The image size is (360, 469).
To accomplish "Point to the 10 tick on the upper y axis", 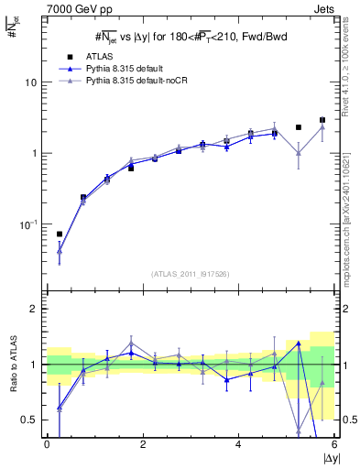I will pyautogui.click(x=34, y=82).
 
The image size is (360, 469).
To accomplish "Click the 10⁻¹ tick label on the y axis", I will pyautogui.click(x=29, y=224).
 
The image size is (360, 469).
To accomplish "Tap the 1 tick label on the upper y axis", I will pyautogui.click(x=37, y=153).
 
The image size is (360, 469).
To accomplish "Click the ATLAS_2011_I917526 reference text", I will pyautogui.click(x=190, y=274).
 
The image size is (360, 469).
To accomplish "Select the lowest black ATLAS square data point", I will pyautogui.click(x=60, y=234).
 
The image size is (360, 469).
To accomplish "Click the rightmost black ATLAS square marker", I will pyautogui.click(x=322, y=120).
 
